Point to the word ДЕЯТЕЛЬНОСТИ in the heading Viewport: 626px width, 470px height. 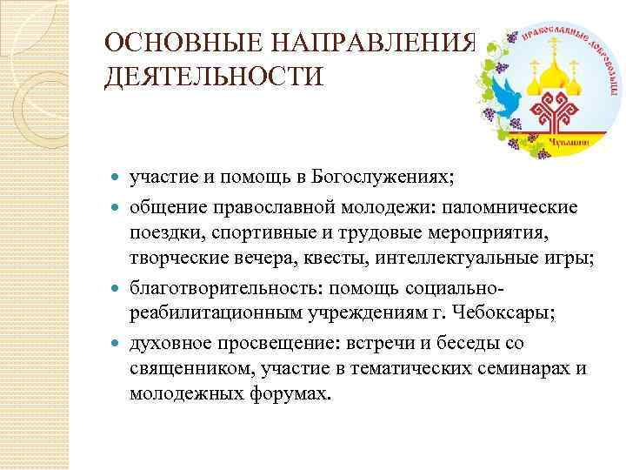click(213, 79)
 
